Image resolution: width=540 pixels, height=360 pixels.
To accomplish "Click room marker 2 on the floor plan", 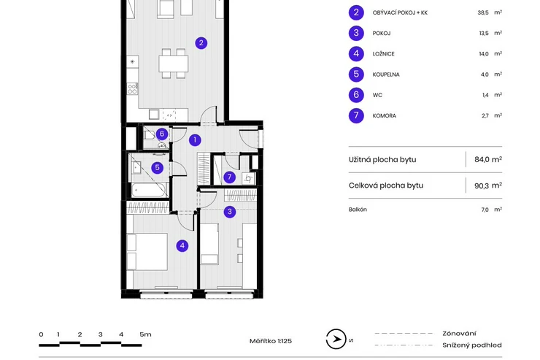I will pyautogui.click(x=201, y=43).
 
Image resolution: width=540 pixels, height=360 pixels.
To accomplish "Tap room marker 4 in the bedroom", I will pyautogui.click(x=182, y=246).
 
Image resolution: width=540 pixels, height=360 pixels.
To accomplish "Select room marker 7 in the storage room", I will pyautogui.click(x=229, y=177).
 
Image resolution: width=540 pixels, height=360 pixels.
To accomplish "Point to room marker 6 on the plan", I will pyautogui.click(x=162, y=134).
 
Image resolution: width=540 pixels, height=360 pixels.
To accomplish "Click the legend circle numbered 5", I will pyautogui.click(x=356, y=74).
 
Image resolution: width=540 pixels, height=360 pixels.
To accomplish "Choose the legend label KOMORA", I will pyautogui.click(x=385, y=115).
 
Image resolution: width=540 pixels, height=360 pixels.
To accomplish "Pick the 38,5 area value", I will pyautogui.click(x=483, y=12).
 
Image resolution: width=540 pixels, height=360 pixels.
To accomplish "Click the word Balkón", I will pyautogui.click(x=358, y=210).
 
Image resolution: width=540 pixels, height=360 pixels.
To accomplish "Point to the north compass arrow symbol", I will pyautogui.click(x=336, y=340).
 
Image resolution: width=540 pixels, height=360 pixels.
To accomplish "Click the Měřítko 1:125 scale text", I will pyautogui.click(x=270, y=340).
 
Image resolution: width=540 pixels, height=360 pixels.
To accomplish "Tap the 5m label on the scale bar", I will pyautogui.click(x=145, y=334).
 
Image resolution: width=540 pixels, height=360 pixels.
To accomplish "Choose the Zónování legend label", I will pyautogui.click(x=459, y=333).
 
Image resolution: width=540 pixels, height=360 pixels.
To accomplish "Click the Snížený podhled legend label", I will pyautogui.click(x=471, y=345).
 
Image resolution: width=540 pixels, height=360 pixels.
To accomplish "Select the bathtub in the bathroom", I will pyautogui.click(x=150, y=190).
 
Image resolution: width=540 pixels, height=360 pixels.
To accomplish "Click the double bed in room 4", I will pyautogui.click(x=147, y=251).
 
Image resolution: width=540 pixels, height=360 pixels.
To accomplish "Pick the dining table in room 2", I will pyautogui.click(x=174, y=64).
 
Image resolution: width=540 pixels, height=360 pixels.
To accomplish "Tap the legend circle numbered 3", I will pyautogui.click(x=356, y=33).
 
